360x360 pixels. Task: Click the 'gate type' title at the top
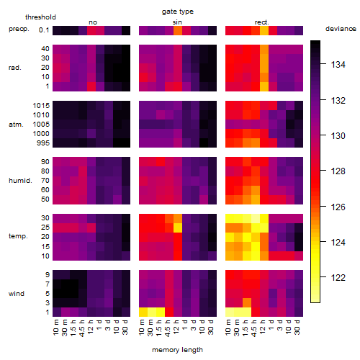pyautogui.click(x=178, y=12)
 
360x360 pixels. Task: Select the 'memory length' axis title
pyautogui.click(x=177, y=350)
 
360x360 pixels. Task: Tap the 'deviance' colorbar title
pyautogui.click(x=341, y=29)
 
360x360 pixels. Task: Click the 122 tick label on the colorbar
pyautogui.click(x=338, y=278)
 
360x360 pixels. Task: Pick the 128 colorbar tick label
pyautogui.click(x=338, y=171)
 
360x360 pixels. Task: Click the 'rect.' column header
pyautogui.click(x=262, y=22)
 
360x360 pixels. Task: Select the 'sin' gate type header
pyautogui.click(x=177, y=22)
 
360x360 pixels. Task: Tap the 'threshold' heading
pyautogui.click(x=40, y=17)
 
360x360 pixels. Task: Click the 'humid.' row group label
pyautogui.click(x=20, y=181)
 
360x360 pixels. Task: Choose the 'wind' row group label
pyautogui.click(x=17, y=294)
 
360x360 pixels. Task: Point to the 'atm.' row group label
pyautogui.click(x=16, y=125)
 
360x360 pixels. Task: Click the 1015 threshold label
pyautogui.click(x=41, y=106)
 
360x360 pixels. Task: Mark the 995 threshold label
pyautogui.click(x=43, y=143)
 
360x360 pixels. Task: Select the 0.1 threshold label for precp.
pyautogui.click(x=44, y=30)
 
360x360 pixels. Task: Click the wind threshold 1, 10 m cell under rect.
pyautogui.click(x=230, y=312)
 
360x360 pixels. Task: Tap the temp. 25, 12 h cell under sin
pyautogui.click(x=178, y=228)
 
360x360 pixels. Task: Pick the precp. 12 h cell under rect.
pyautogui.click(x=264, y=31)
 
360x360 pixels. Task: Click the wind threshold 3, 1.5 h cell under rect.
pyautogui.click(x=247, y=302)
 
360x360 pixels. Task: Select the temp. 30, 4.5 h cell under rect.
pyautogui.click(x=256, y=218)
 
